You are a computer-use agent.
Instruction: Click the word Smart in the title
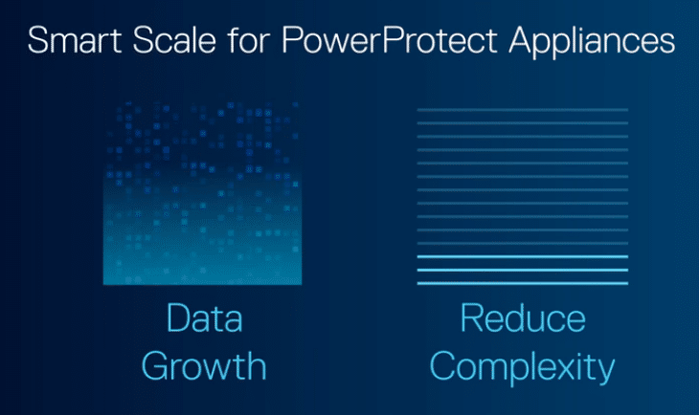[x=74, y=40]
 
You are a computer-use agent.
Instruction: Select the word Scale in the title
[x=174, y=40]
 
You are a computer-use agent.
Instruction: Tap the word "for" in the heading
[x=249, y=40]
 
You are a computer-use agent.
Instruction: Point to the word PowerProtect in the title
[x=390, y=40]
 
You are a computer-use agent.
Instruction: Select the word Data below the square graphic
[x=205, y=317]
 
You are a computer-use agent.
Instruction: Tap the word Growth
[x=204, y=366]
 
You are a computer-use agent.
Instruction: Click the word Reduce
[x=523, y=317]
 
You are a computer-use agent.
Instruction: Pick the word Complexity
[x=522, y=368]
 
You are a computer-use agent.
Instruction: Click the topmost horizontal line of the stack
[x=523, y=110]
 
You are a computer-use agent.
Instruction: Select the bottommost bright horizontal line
[x=523, y=283]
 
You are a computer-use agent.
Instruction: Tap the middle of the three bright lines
[x=523, y=270]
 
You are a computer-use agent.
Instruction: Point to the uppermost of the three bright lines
[x=523, y=256]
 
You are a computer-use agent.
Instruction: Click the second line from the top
[x=523, y=123]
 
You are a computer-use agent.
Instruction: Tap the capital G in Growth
[x=154, y=366]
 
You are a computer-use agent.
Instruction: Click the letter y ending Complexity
[x=606, y=371]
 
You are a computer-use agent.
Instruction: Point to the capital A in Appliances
[x=522, y=40]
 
